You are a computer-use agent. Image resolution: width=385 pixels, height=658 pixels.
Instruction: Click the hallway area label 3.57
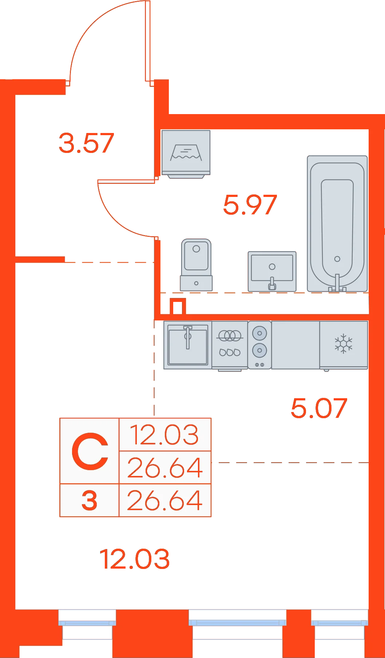[86, 143]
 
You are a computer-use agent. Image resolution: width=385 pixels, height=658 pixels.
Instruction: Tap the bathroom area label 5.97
[250, 205]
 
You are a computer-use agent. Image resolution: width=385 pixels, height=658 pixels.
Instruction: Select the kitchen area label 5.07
[319, 408]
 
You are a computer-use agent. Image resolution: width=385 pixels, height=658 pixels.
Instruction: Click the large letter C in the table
[90, 451]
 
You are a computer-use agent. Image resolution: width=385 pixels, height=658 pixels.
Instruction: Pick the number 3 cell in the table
[90, 500]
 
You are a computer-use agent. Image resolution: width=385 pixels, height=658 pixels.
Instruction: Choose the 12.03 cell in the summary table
[165, 435]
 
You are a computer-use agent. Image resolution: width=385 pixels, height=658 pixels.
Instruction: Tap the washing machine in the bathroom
[186, 154]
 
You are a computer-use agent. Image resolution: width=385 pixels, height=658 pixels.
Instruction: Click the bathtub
[337, 223]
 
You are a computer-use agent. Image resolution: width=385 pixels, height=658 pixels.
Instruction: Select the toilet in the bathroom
[197, 265]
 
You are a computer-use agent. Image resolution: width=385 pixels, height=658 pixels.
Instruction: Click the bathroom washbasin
[272, 271]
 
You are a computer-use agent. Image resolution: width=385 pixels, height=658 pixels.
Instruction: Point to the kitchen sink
[188, 345]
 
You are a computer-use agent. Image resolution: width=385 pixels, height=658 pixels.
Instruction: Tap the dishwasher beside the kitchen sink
[230, 346]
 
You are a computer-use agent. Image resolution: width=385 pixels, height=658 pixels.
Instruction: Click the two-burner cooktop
[259, 345]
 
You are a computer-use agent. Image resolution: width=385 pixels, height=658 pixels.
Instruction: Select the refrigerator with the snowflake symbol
[344, 345]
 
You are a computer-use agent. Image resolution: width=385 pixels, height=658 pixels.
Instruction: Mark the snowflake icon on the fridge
[344, 344]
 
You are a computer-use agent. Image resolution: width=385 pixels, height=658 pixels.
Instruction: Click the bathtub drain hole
[337, 259]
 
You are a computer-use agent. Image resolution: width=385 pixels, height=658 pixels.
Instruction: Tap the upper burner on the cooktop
[259, 333]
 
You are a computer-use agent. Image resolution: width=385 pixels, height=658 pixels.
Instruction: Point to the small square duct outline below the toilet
[178, 306]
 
